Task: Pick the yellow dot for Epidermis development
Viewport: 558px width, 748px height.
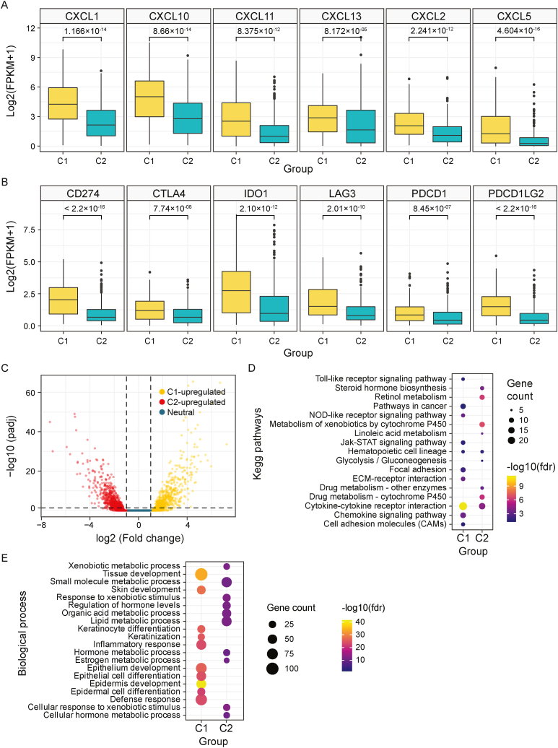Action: (x=201, y=664)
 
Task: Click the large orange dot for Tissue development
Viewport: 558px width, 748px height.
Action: (x=201, y=574)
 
